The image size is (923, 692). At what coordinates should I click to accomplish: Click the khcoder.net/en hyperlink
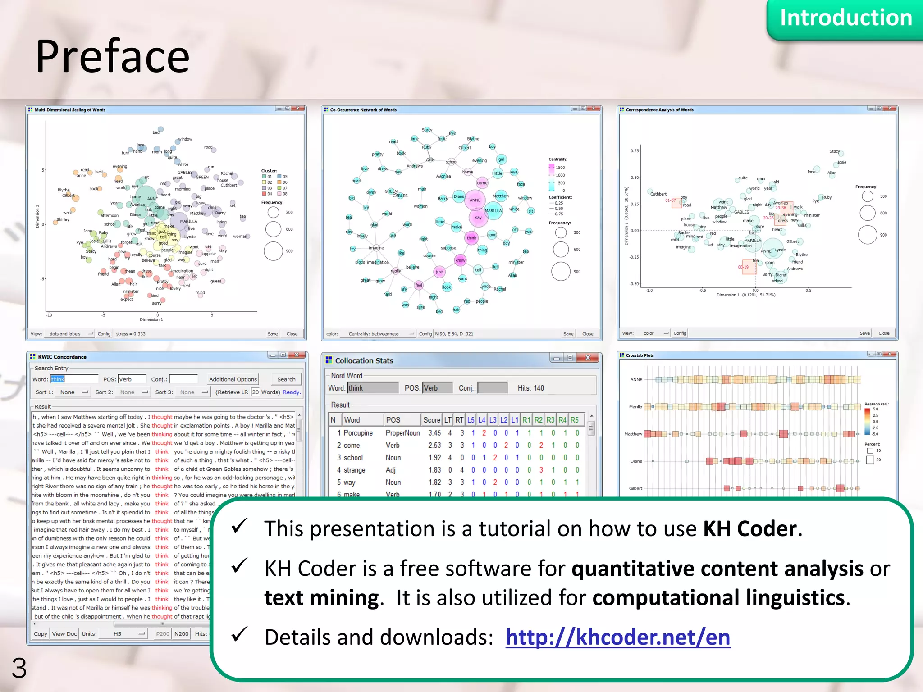pyautogui.click(x=617, y=637)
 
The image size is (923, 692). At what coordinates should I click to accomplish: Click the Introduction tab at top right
pyautogui.click(x=845, y=18)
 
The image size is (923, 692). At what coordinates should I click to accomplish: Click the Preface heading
pyautogui.click(x=113, y=56)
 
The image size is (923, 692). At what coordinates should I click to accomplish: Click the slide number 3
pyautogui.click(x=19, y=668)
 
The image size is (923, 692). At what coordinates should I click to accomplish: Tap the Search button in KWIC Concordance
pyautogui.click(x=286, y=379)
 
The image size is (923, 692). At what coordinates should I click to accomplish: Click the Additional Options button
pyautogui.click(x=233, y=379)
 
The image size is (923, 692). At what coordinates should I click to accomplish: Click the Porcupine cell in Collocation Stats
pyautogui.click(x=358, y=433)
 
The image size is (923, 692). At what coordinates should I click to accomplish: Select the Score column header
pyautogui.click(x=431, y=420)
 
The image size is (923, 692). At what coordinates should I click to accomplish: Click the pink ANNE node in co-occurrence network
pyautogui.click(x=475, y=200)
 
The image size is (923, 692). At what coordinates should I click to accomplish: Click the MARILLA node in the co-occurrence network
pyautogui.click(x=493, y=211)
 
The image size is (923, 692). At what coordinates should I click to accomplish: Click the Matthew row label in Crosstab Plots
pyautogui.click(x=633, y=434)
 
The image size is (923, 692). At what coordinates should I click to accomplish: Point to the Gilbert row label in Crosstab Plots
pyautogui.click(x=635, y=488)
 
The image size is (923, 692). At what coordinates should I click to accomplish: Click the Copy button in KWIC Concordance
pyautogui.click(x=40, y=634)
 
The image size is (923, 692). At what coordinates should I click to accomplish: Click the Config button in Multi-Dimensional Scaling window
pyautogui.click(x=104, y=334)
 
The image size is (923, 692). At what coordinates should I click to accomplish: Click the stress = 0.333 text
pyautogui.click(x=131, y=334)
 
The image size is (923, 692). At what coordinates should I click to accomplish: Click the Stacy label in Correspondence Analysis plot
pyautogui.click(x=834, y=151)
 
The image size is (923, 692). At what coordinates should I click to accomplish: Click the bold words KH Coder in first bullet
pyautogui.click(x=750, y=528)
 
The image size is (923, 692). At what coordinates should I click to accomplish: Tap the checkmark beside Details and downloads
pyautogui.click(x=239, y=634)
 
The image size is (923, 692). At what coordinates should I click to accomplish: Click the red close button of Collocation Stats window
pyautogui.click(x=588, y=358)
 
